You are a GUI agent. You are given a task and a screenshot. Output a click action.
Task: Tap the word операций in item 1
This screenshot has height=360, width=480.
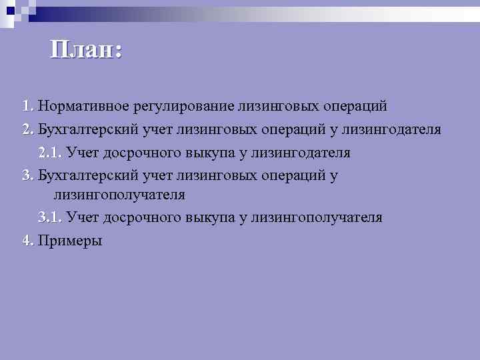[x=355, y=107]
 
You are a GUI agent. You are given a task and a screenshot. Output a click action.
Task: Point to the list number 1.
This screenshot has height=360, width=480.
[x=27, y=107]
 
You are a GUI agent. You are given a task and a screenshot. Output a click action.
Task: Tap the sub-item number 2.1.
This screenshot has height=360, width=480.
[x=50, y=152]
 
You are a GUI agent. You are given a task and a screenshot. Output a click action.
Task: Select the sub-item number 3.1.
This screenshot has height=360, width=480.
[x=50, y=217]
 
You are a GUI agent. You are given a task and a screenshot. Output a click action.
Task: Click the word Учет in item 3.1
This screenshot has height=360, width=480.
[x=83, y=217]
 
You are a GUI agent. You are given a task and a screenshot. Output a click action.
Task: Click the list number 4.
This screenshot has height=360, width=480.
[x=27, y=240]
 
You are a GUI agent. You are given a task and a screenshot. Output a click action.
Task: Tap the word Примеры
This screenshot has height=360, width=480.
[x=71, y=241]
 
